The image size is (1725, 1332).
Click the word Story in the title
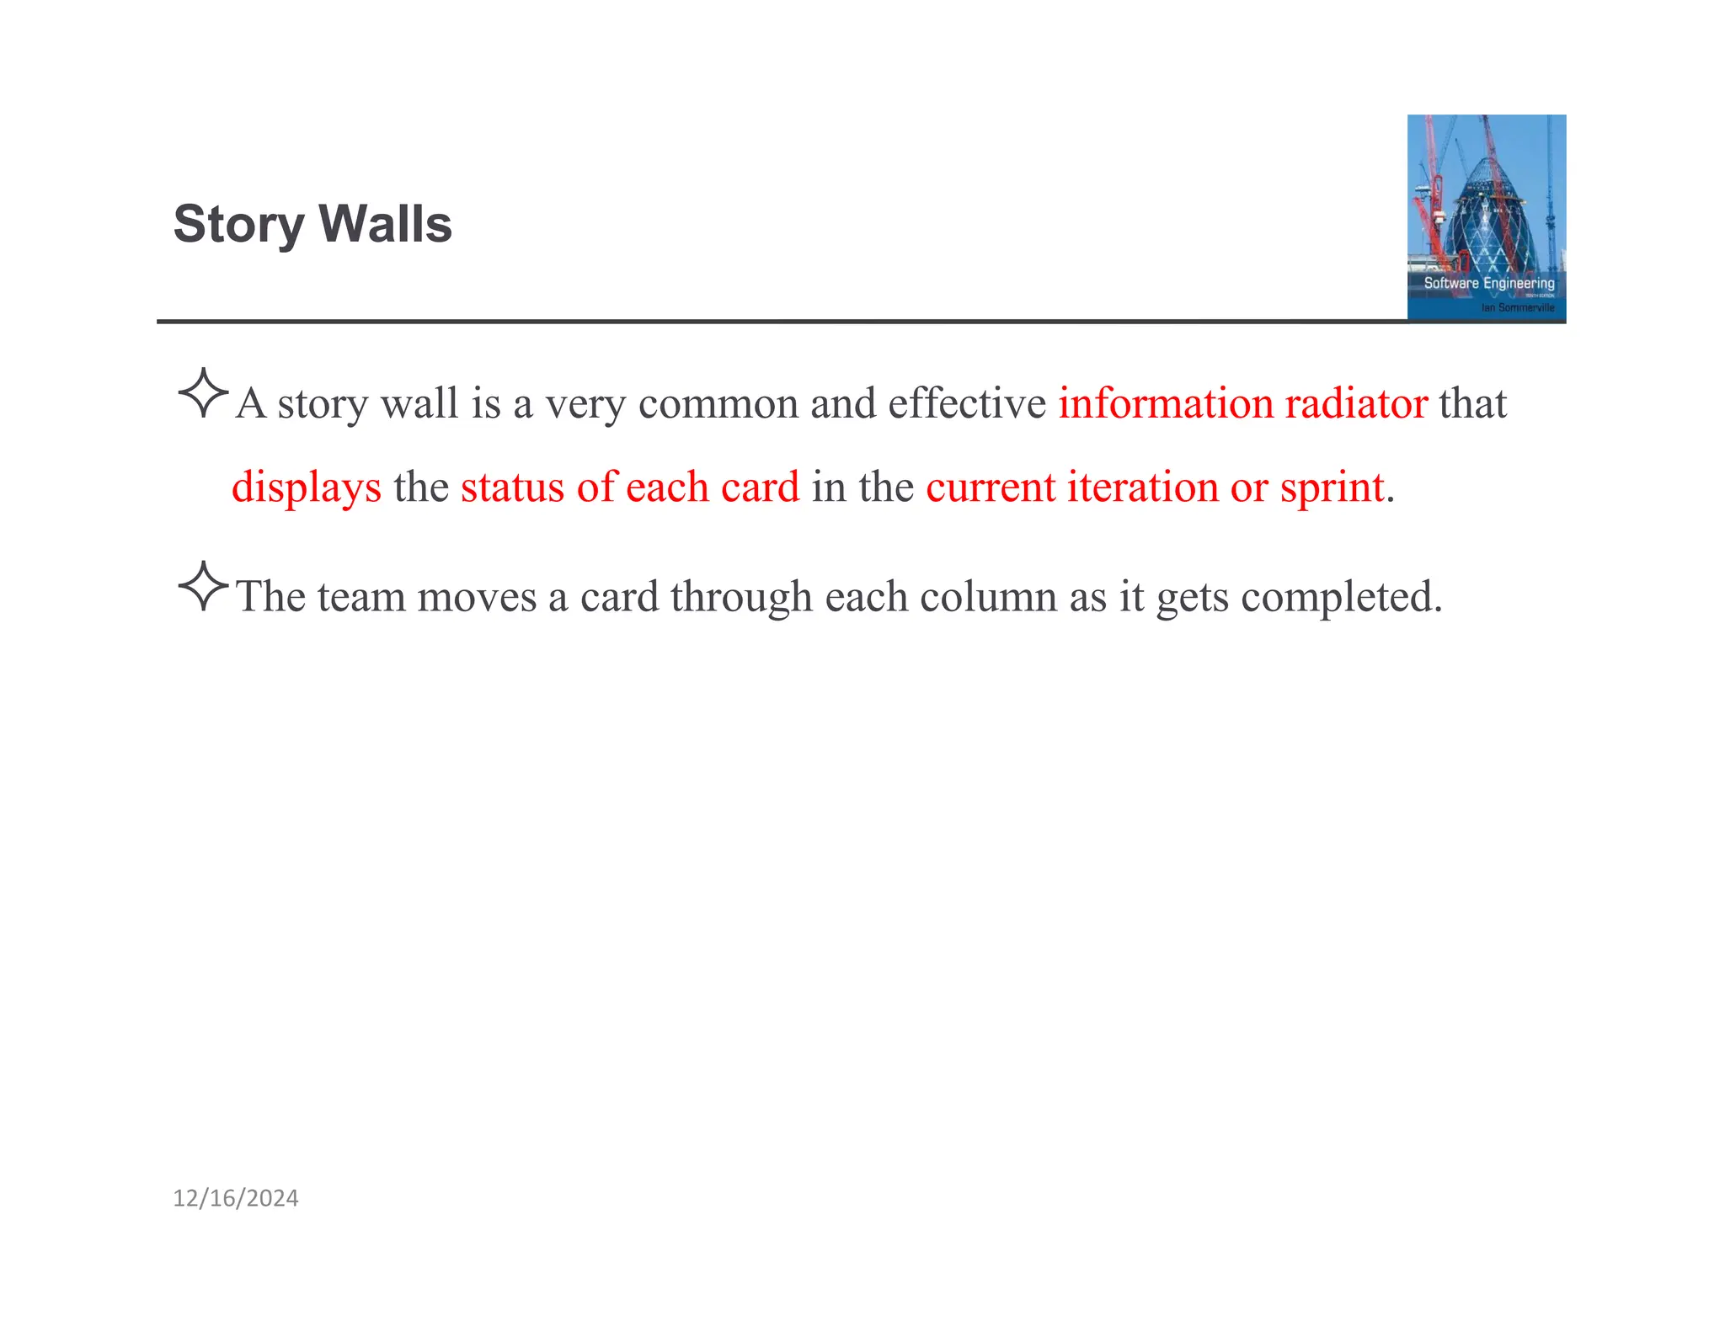[238, 225]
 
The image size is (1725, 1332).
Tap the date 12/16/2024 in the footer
[235, 1198]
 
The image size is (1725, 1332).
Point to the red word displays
[306, 488]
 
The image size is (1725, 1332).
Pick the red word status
[512, 487]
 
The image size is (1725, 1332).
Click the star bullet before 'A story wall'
[203, 392]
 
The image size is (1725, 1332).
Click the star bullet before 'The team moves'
[203, 586]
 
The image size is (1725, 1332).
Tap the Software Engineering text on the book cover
[1488, 283]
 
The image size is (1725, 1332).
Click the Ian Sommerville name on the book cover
[1518, 308]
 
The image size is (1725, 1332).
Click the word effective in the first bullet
[966, 403]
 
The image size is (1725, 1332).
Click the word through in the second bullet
[741, 598]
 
